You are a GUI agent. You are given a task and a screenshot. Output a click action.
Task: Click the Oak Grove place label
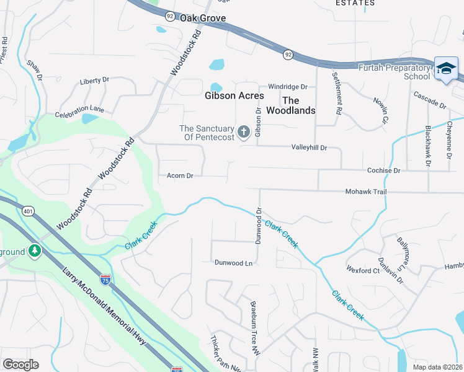(203, 19)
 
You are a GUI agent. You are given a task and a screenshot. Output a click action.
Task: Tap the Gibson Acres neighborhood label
(234, 95)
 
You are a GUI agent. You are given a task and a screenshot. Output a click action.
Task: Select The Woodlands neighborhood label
(290, 105)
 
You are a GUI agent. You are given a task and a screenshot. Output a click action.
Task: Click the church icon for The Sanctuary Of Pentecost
(244, 131)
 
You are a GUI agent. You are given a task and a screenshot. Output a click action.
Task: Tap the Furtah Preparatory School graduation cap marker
(446, 68)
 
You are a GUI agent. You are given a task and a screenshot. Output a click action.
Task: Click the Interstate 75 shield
(105, 281)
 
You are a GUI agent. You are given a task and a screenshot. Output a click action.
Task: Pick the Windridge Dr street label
(287, 87)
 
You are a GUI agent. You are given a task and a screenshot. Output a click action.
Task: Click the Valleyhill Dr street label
(308, 148)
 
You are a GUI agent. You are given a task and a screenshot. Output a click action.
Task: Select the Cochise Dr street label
(383, 170)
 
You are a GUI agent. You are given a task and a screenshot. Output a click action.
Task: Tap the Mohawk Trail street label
(366, 192)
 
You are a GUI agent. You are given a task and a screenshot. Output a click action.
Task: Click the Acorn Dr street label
(180, 175)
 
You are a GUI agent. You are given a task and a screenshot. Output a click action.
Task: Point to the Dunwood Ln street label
(234, 263)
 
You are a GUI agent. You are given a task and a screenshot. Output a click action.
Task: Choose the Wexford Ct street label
(364, 270)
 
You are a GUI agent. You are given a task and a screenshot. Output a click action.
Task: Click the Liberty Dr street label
(94, 81)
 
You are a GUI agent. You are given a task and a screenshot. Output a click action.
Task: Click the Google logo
(20, 364)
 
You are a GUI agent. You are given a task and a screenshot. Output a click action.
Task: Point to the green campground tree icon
(35, 251)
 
